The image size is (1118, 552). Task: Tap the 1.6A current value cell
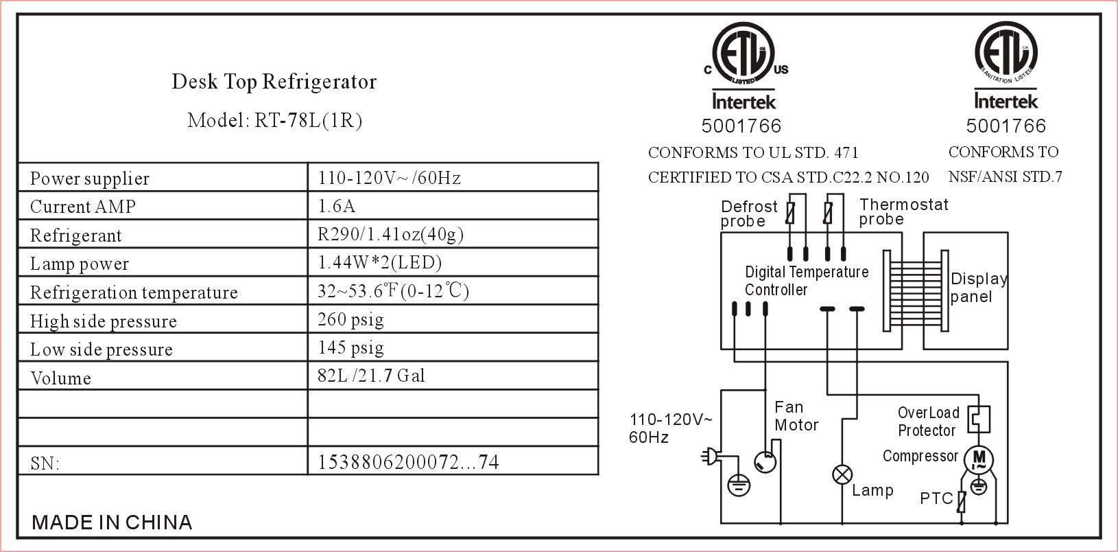point(337,207)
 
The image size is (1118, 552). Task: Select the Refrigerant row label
point(75,235)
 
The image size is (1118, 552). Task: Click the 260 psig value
point(350,320)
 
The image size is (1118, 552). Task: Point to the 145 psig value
point(350,348)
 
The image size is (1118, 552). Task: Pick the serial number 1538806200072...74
point(408,461)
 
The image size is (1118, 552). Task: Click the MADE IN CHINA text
point(112,522)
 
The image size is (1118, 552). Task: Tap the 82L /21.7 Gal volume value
point(371,376)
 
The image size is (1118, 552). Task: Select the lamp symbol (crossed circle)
point(842,474)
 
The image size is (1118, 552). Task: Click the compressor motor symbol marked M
point(979,459)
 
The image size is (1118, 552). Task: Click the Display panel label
point(977,288)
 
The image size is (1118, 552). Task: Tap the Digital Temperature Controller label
point(806,281)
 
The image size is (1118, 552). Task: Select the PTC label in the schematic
point(936,498)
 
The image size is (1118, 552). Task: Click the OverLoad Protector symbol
point(979,419)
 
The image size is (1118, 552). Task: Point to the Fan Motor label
point(796,416)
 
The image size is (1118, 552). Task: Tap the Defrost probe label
point(748,214)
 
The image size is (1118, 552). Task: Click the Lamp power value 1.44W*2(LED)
point(379,263)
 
